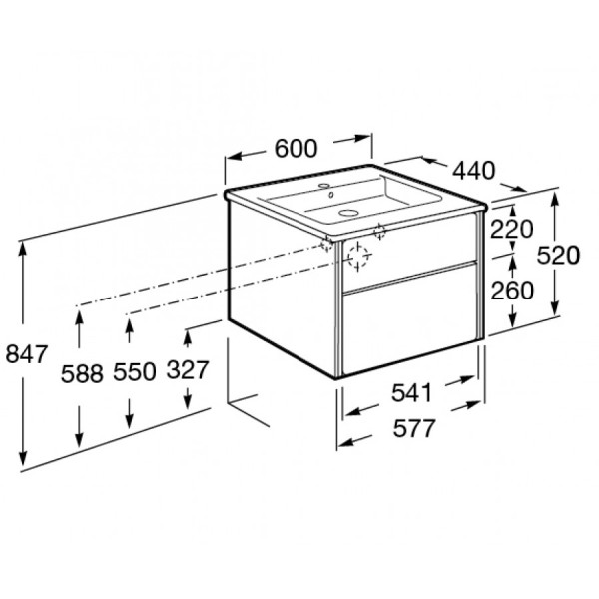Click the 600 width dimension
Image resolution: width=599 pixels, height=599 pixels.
pos(296,148)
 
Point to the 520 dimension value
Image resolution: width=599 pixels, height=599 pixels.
pos(558,256)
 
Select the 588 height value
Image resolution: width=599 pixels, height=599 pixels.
pos(82,372)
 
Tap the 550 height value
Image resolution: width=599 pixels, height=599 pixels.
pos(134,372)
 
